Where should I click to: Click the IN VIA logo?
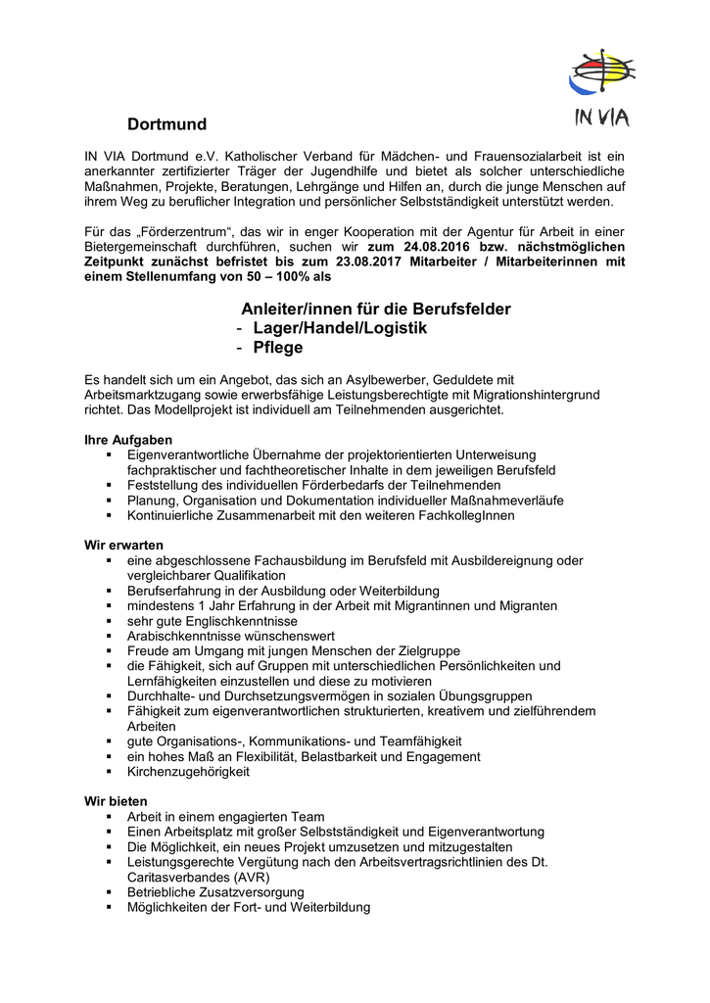tap(600, 88)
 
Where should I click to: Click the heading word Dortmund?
tap(166, 124)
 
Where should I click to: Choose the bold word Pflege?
tap(278, 348)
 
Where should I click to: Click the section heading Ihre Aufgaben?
tap(128, 440)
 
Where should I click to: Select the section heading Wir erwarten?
tap(123, 545)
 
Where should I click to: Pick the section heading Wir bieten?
tap(116, 801)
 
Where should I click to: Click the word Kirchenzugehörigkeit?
tap(188, 772)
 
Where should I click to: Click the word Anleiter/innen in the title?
tap(293, 309)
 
